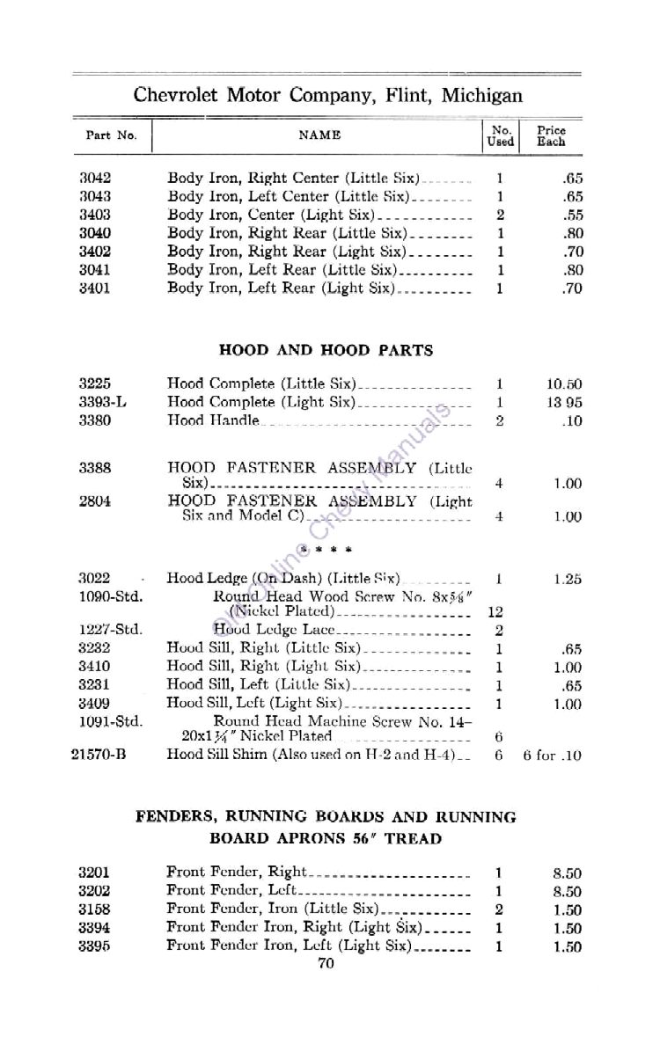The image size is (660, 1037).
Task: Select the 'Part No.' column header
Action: coord(111,136)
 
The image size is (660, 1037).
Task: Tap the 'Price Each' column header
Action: coord(552,135)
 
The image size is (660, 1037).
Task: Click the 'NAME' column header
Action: coord(319,135)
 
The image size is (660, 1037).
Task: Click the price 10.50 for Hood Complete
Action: coord(564,384)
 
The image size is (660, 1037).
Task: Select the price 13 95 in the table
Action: coord(564,403)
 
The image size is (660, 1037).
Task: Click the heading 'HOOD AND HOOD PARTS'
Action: coord(326,350)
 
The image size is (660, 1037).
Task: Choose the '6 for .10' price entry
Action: coord(552,755)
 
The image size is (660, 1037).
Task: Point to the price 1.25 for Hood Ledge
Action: coord(568,579)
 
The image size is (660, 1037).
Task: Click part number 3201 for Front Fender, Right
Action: coord(93,873)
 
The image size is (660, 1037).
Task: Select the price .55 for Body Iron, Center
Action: coord(572,215)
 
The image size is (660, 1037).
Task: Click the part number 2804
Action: coord(94,500)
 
